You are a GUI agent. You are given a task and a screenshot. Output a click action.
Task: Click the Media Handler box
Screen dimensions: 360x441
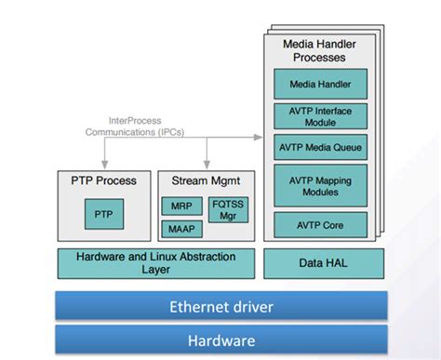(x=319, y=85)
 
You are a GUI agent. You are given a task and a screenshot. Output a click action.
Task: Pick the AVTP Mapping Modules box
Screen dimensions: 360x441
(x=319, y=185)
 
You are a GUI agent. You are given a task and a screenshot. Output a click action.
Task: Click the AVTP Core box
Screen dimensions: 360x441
(x=319, y=224)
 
